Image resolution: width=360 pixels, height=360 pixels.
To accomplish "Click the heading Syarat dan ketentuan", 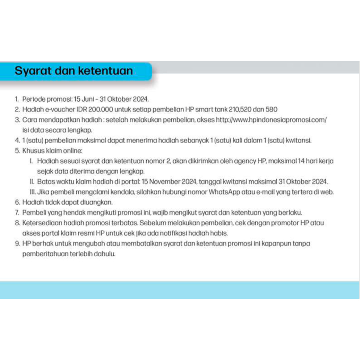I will [x=74, y=71].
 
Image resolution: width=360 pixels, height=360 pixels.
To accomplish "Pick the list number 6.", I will [x=17, y=202].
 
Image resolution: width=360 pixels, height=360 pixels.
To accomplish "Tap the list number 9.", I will [x=17, y=244].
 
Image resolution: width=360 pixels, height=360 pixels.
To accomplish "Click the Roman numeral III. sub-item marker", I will [x=32, y=192].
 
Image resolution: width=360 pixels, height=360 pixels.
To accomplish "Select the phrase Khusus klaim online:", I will [x=52, y=151].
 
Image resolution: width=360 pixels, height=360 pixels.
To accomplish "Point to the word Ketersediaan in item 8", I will [x=40, y=223].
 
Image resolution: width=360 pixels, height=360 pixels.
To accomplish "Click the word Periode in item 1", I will [x=33, y=99].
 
